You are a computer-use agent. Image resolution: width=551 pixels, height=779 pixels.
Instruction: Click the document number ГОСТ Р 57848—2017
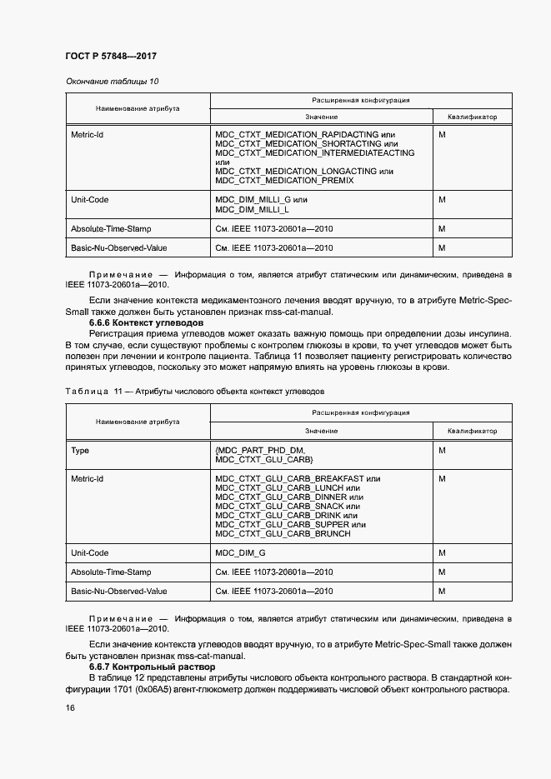[111, 56]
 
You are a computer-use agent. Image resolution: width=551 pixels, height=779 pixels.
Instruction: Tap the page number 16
[70, 707]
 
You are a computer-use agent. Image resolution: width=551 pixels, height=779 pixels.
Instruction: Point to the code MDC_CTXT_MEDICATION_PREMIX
[284, 181]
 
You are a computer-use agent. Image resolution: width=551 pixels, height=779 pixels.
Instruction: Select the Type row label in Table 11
[80, 451]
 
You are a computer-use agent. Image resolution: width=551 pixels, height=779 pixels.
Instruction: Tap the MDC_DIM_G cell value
[240, 553]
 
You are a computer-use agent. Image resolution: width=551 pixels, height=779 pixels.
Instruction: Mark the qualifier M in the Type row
[442, 451]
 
